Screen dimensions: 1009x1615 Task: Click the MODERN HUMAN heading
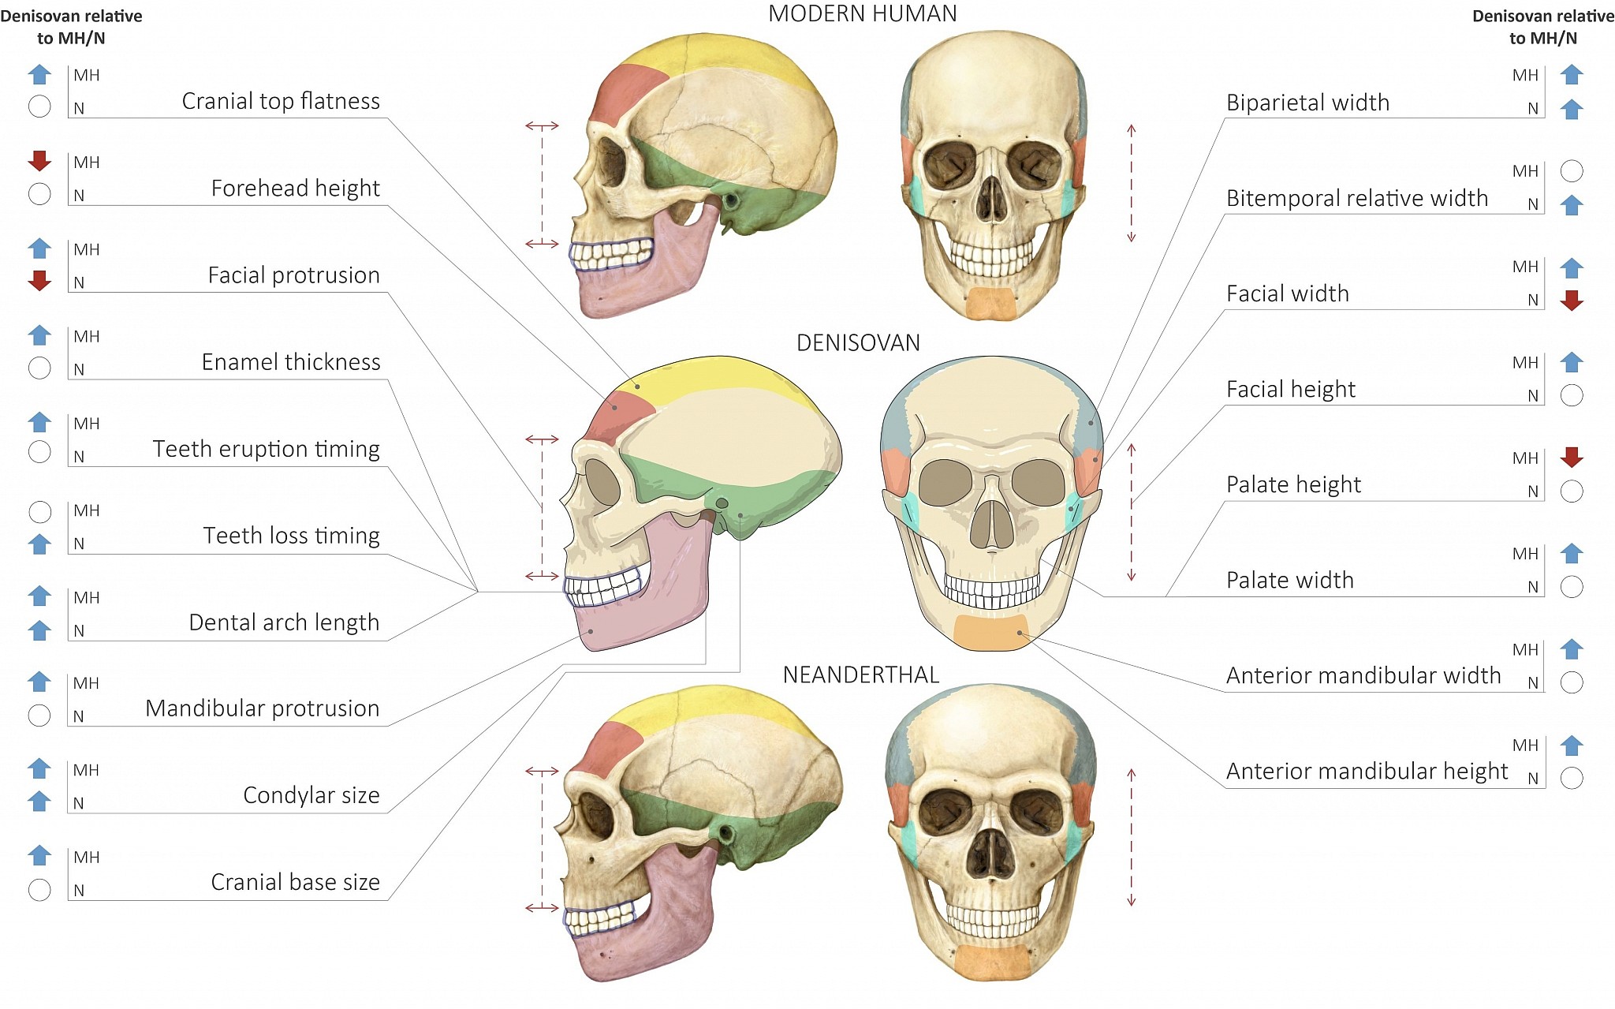(862, 14)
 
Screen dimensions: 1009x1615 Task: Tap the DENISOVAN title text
(858, 343)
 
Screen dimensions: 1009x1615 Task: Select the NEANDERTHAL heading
(861, 675)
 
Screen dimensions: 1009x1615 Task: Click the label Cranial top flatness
(281, 101)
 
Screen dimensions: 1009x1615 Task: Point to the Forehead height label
(295, 189)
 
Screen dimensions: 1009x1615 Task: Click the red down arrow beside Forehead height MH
(39, 161)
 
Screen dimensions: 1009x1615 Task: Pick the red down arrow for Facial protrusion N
(39, 281)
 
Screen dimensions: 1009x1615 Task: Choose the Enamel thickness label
(290, 362)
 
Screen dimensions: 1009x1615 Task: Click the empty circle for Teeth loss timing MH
(39, 512)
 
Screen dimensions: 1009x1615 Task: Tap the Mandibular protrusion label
(262, 708)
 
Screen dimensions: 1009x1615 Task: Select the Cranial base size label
(295, 882)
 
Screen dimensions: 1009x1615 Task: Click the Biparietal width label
(1307, 103)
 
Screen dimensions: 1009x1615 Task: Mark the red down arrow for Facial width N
(1572, 300)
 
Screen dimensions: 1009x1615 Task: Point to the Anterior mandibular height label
(1367, 771)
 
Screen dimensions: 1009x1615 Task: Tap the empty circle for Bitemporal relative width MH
(1572, 171)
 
